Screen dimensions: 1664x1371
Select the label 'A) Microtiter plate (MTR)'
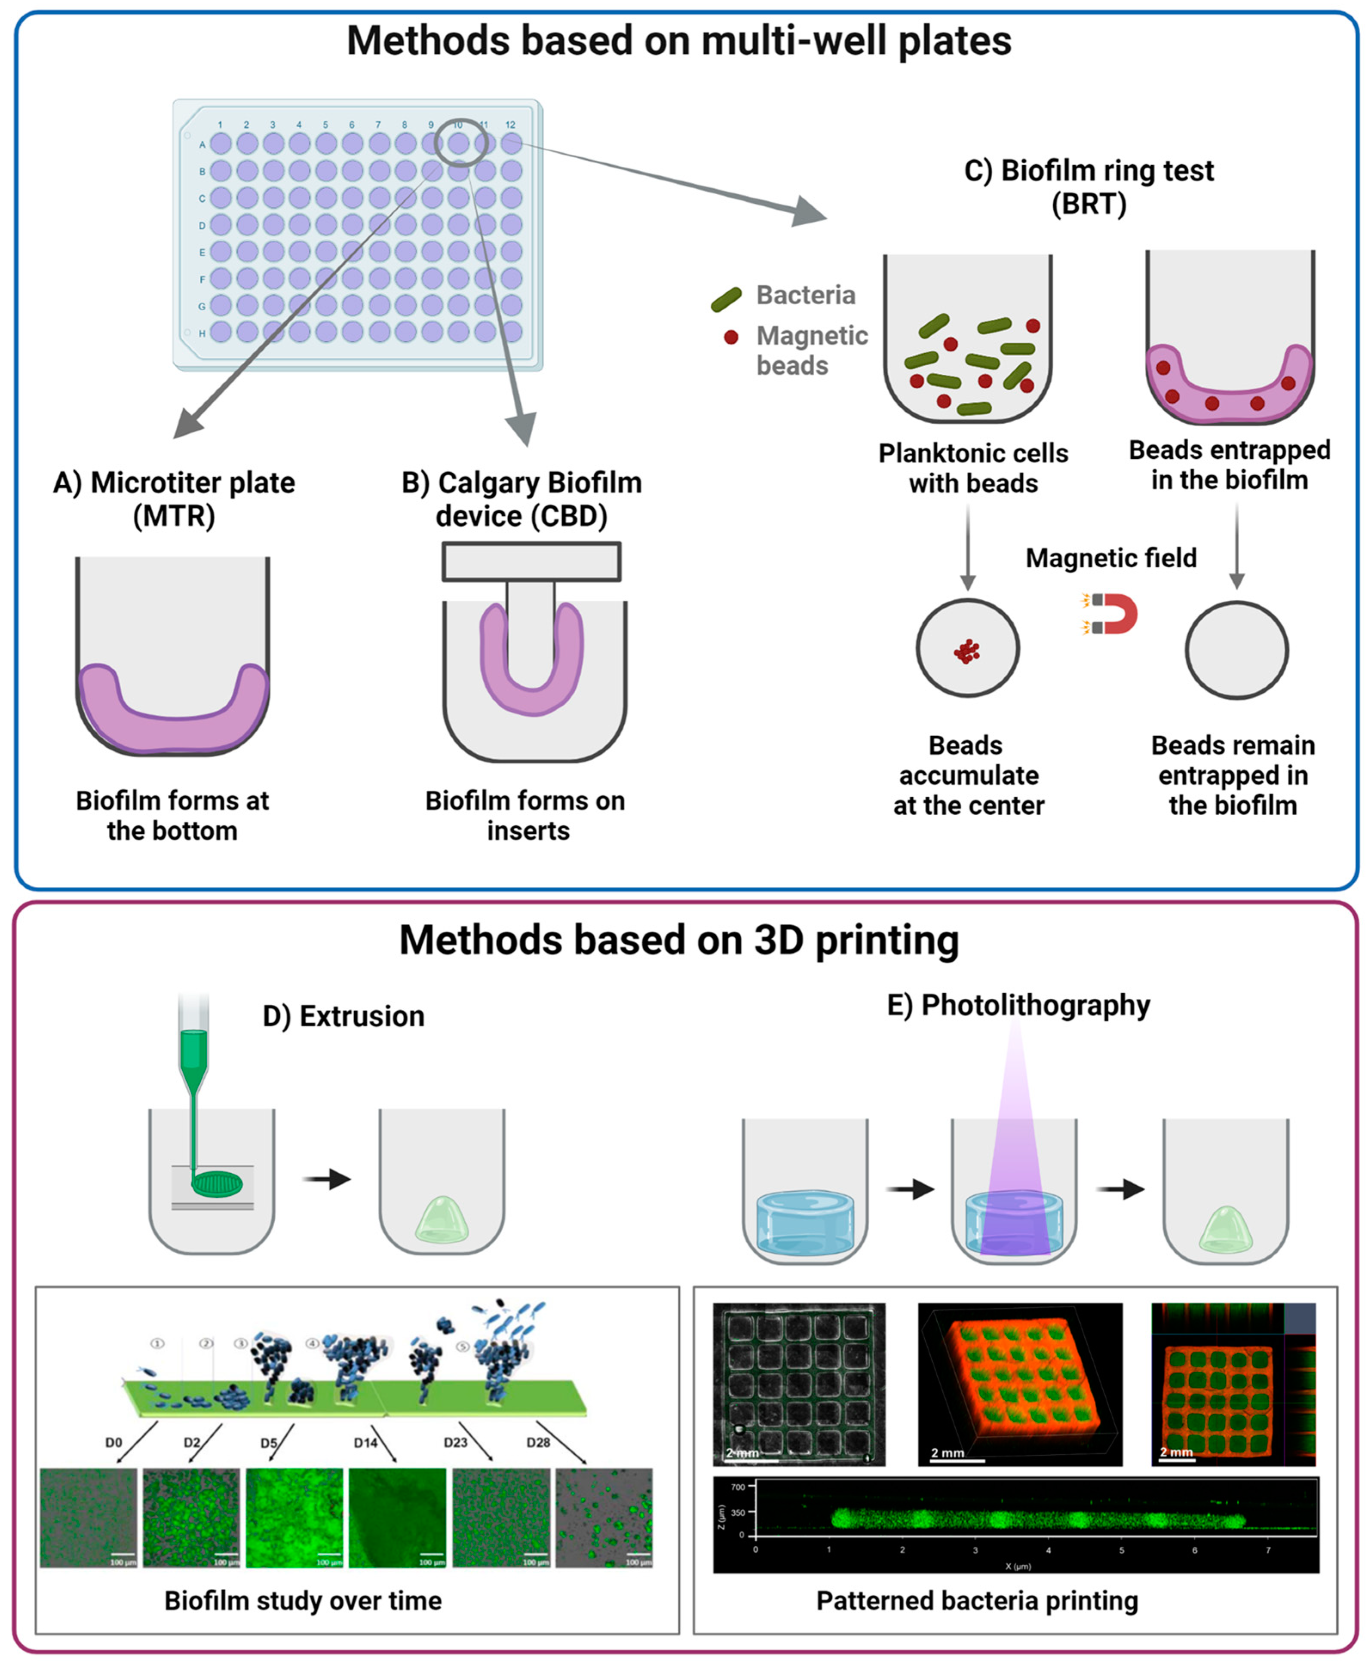tap(174, 499)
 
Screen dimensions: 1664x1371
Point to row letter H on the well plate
tap(202, 333)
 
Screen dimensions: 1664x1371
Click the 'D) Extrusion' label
tap(344, 1017)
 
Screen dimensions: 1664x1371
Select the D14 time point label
tap(366, 1442)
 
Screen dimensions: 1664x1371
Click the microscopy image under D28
tap(604, 1517)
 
